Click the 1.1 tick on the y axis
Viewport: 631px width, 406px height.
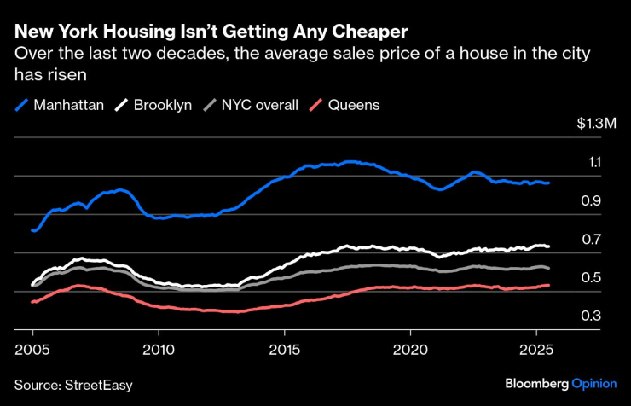[594, 163]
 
